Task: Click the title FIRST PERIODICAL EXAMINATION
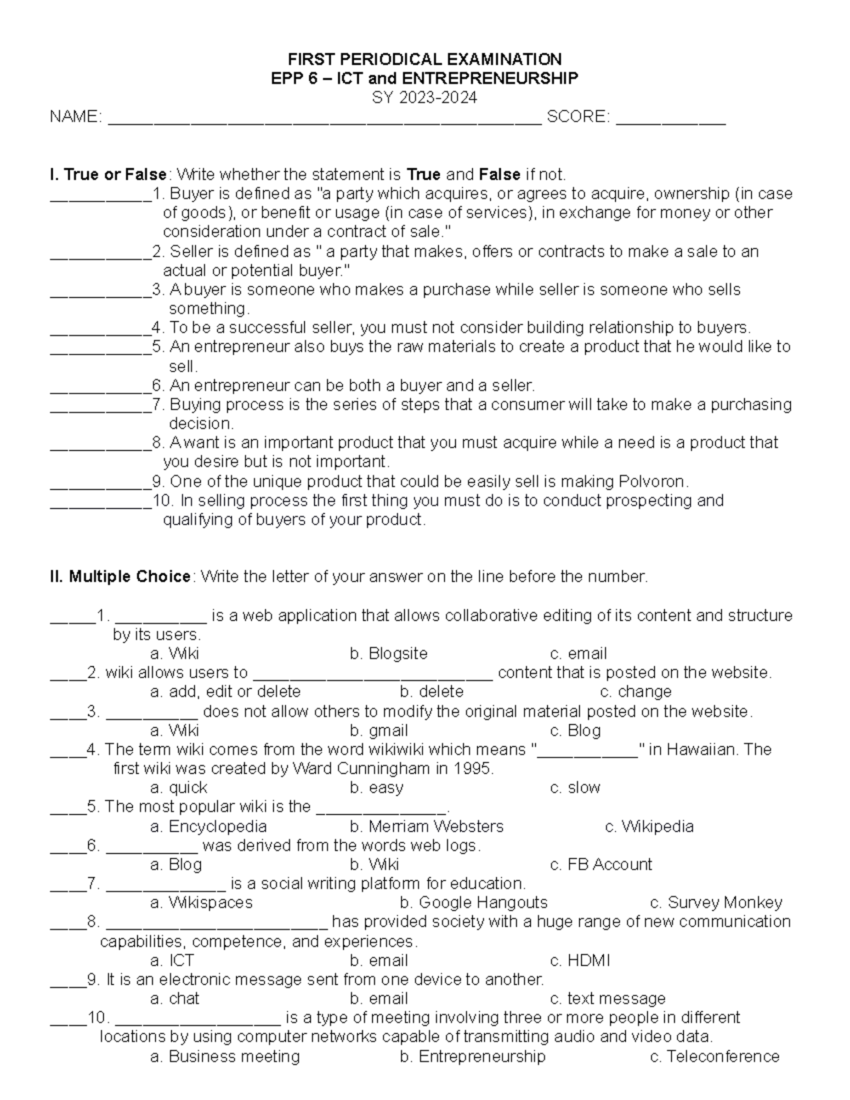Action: click(424, 59)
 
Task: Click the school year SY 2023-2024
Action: click(424, 98)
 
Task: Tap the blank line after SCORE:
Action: click(671, 119)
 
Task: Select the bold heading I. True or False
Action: click(108, 174)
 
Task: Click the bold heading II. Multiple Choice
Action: click(120, 577)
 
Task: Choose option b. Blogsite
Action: click(388, 654)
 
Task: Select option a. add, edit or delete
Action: click(225, 692)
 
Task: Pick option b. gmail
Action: click(379, 730)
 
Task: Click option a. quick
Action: click(178, 788)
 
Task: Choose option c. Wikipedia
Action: click(649, 827)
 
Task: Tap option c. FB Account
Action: click(601, 865)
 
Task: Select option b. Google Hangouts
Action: click(473, 903)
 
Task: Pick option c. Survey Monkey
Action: click(715, 903)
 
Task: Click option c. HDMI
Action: click(579, 960)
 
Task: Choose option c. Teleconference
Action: click(714, 1057)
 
